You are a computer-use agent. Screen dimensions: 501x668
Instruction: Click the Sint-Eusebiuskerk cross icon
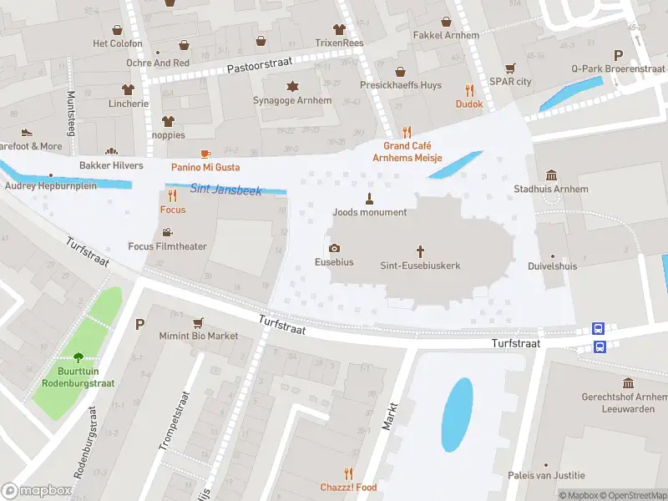click(421, 250)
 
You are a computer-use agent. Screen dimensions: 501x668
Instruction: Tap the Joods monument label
click(369, 212)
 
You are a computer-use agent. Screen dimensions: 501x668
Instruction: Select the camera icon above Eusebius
click(334, 248)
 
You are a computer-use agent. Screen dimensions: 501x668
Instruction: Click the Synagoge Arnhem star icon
click(292, 86)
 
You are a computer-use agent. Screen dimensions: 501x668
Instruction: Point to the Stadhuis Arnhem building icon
click(551, 175)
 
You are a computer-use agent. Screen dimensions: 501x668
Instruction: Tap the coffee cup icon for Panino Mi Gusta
click(205, 154)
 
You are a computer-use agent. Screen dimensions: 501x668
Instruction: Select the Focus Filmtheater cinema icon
click(167, 232)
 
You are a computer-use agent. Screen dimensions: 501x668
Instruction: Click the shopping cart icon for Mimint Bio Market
click(198, 322)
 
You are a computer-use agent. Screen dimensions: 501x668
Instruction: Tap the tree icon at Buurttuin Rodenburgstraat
click(78, 357)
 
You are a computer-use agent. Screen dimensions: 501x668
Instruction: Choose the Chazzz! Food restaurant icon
click(348, 473)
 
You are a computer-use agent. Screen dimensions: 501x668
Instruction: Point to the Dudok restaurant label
click(469, 104)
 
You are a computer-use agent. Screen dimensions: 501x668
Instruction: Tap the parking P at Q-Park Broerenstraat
click(618, 54)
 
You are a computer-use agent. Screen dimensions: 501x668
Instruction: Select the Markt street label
click(388, 415)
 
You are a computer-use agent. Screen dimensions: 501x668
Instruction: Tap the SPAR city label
click(511, 82)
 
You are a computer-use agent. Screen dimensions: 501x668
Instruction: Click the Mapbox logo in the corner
click(38, 491)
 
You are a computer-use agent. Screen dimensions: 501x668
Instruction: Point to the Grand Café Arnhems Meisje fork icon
click(407, 131)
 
